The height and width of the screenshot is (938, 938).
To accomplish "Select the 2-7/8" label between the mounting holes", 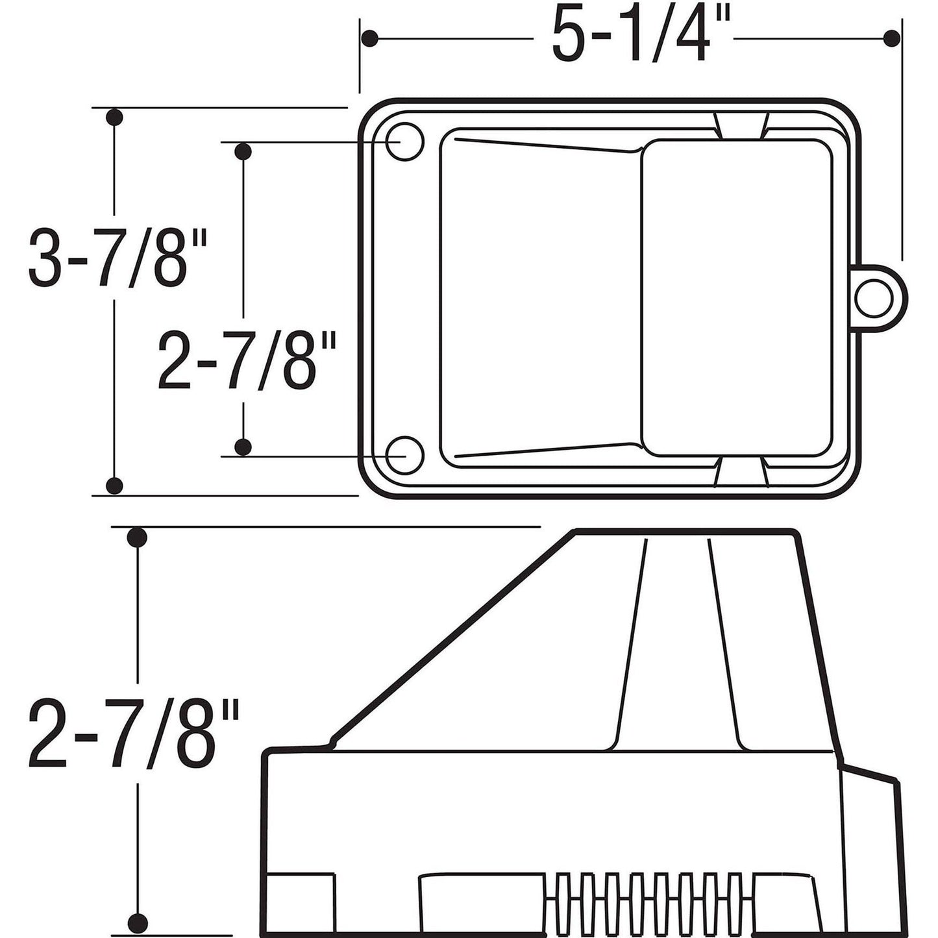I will coord(247,360).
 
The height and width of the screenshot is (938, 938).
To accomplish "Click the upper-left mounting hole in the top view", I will coord(405,142).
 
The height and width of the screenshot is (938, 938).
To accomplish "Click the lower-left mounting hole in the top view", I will coord(405,455).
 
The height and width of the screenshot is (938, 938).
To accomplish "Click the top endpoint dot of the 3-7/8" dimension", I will coord(114,117).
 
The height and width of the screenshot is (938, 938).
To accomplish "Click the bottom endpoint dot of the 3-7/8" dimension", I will coord(114,484).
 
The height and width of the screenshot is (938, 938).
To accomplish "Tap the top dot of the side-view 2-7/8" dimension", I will coord(137,537).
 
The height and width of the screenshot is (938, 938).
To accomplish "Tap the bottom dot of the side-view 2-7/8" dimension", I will coord(137,921).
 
